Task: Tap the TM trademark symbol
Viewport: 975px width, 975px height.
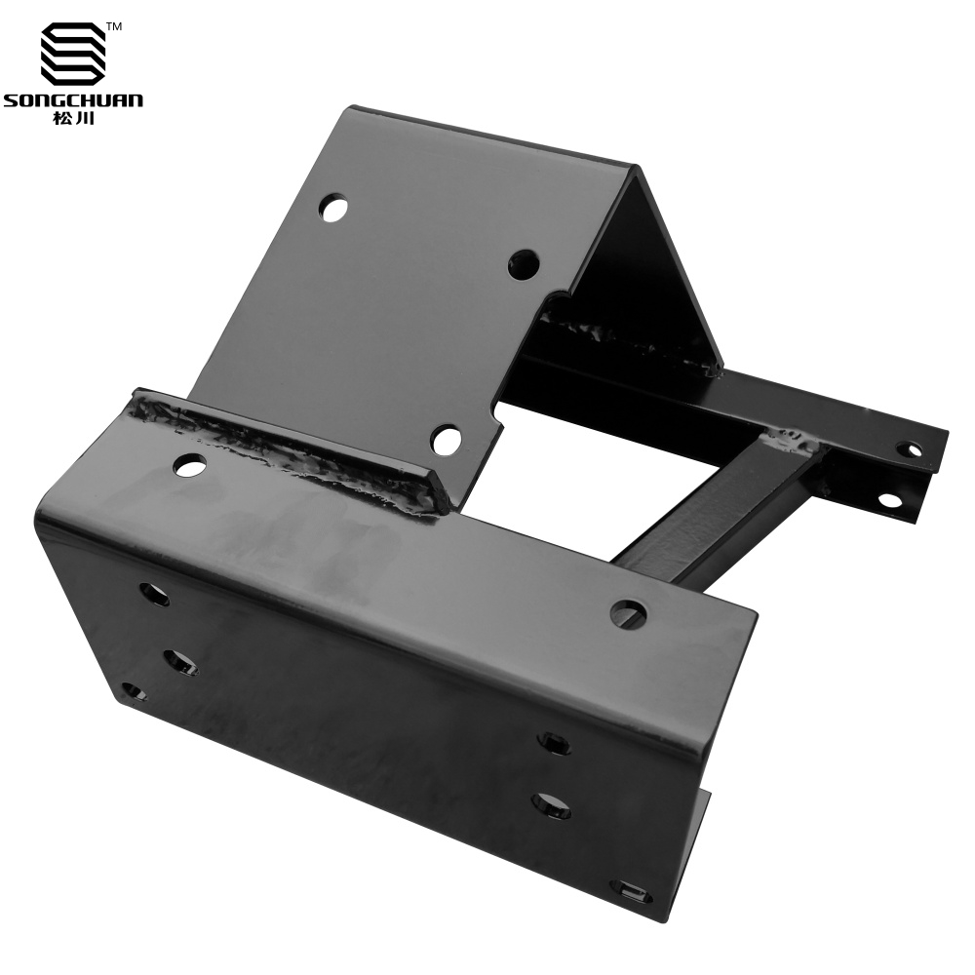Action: (114, 10)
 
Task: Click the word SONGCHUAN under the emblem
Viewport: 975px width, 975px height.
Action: (73, 100)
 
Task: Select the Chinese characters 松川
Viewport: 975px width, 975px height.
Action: (73, 118)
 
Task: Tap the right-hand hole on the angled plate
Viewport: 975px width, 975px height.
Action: (523, 265)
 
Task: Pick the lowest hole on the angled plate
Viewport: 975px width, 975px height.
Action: (446, 440)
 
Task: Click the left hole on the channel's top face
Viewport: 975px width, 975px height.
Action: (191, 464)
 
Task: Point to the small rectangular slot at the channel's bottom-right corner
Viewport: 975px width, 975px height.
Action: (634, 893)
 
